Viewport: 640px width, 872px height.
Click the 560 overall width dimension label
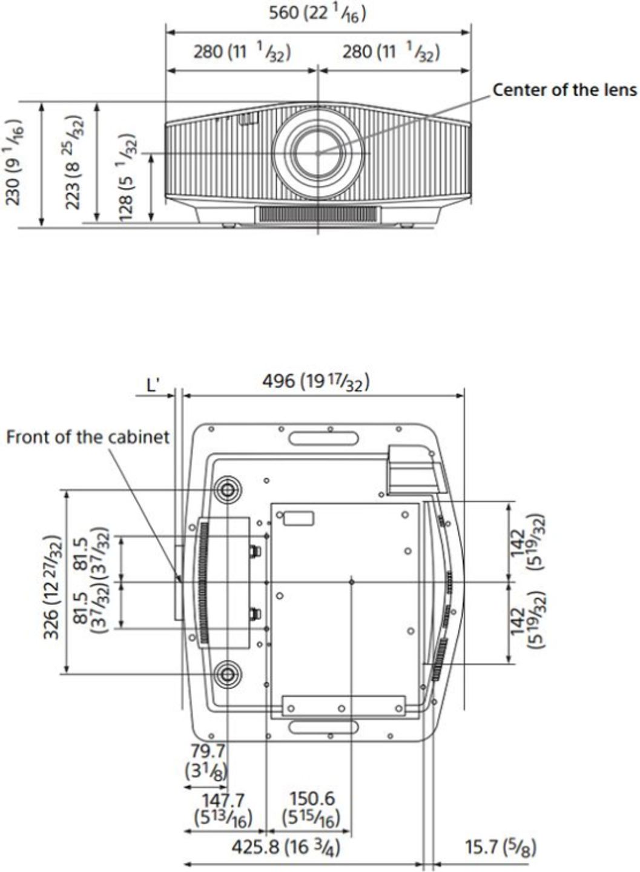tap(317, 14)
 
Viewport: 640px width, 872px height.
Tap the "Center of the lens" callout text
tap(565, 90)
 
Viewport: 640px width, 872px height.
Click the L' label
tap(153, 385)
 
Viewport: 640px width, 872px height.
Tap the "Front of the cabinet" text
tap(88, 437)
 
